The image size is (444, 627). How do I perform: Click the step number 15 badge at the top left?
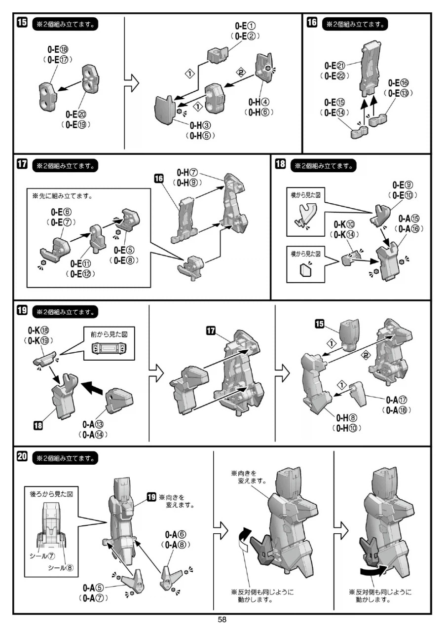[x=22, y=23]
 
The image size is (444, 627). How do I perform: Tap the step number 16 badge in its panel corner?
[x=311, y=23]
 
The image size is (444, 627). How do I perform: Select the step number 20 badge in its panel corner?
[x=22, y=457]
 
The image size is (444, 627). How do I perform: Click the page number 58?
[x=222, y=620]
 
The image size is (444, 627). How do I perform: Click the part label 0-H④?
[x=259, y=103]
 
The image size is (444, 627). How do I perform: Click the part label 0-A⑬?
[x=93, y=425]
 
